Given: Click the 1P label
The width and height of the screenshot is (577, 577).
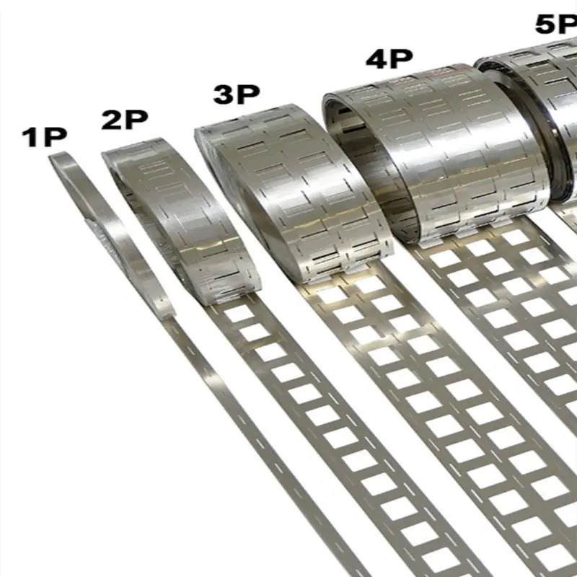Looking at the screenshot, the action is point(45,137).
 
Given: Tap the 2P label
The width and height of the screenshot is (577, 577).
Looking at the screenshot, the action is point(125,120).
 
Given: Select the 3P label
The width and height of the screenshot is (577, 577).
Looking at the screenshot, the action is point(237,94).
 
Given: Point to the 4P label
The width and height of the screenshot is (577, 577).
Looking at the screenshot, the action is point(389,58).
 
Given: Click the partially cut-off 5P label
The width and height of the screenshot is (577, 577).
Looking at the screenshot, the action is point(556,25).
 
